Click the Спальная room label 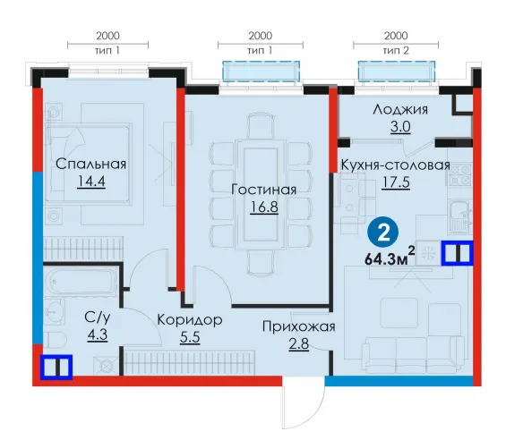point(90,164)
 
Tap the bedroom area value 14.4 point(91,182)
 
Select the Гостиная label point(263,190)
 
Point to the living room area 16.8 point(264,207)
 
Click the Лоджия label point(400,110)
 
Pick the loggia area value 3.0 point(400,127)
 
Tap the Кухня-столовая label point(396,165)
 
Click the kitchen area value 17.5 point(396,182)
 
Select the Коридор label point(190,320)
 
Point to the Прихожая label point(299,326)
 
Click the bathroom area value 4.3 point(98,334)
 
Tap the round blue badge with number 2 point(383,233)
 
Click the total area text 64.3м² point(390,257)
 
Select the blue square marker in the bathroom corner point(56,368)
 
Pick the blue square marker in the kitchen point(458,253)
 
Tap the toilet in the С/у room point(55,341)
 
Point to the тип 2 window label point(396,51)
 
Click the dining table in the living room point(261,194)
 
